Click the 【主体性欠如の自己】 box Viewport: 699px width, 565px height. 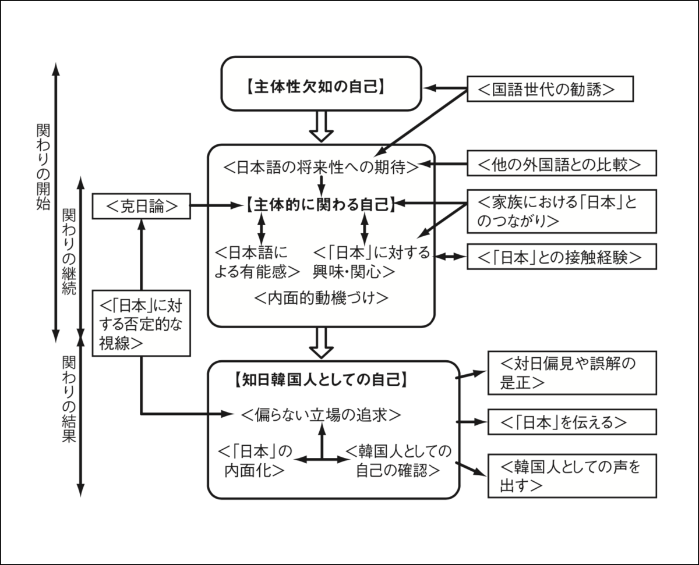pos(320,84)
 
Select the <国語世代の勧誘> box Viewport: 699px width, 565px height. pos(550,89)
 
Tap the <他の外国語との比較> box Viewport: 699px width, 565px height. pos(562,164)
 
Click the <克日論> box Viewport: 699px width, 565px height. pos(142,206)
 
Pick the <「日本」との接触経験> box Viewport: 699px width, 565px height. pos(562,257)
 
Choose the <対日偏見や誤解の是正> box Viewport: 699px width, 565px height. pos(571,372)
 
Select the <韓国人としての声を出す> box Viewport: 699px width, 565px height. pos(571,475)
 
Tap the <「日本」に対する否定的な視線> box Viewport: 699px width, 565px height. pos(142,324)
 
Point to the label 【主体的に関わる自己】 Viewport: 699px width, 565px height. pos(320,205)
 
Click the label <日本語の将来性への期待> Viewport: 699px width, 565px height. pos(321,167)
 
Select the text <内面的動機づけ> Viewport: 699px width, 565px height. pos(321,298)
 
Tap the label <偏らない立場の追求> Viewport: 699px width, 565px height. pos(321,415)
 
